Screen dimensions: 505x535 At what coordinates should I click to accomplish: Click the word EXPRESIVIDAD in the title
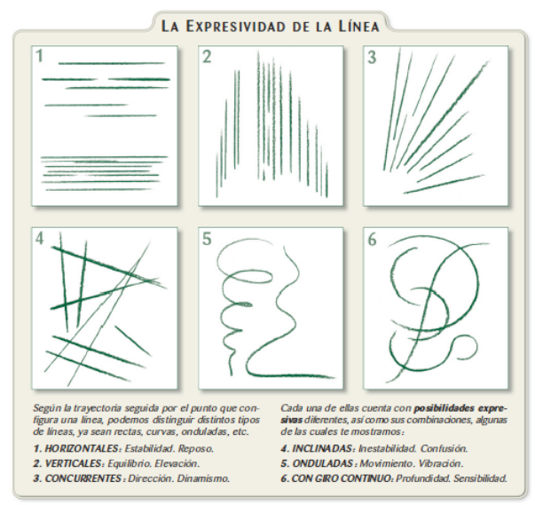tap(240, 26)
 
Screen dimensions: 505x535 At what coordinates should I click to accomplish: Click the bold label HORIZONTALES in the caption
tap(75, 448)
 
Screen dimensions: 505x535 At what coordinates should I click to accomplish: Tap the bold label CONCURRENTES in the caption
tap(79, 477)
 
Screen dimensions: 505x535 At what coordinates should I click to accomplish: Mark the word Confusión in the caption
tap(443, 448)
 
